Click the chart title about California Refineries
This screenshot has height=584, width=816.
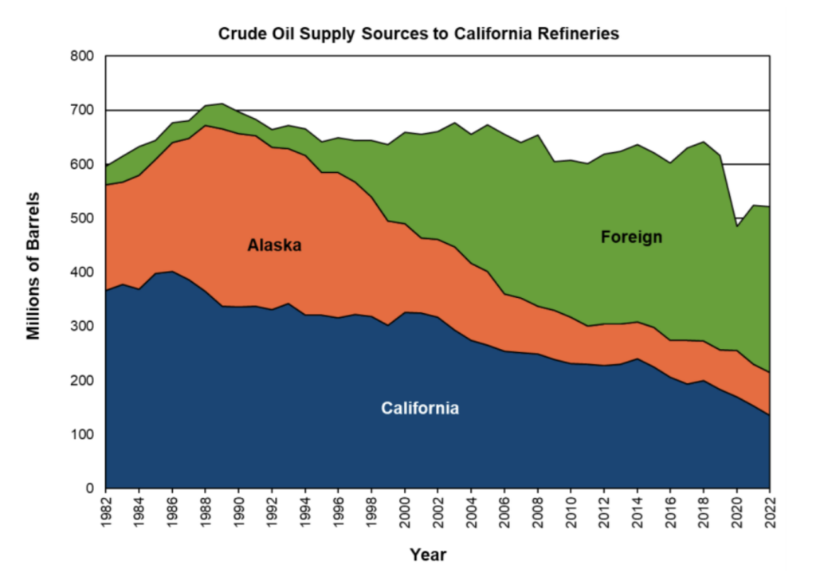(x=418, y=33)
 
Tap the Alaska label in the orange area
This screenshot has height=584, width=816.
(x=274, y=245)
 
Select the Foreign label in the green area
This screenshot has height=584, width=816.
(x=631, y=237)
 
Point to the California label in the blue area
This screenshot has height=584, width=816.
(x=419, y=409)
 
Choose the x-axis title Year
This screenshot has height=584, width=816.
(x=428, y=555)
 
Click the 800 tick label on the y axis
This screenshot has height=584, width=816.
(x=83, y=57)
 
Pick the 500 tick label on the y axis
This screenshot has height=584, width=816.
(x=83, y=218)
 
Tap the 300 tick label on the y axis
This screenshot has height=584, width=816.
(x=83, y=327)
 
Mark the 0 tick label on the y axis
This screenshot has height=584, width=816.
(x=90, y=488)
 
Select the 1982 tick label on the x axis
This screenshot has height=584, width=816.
(x=106, y=511)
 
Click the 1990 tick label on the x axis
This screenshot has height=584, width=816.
(x=239, y=511)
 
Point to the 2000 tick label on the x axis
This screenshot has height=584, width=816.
(x=405, y=511)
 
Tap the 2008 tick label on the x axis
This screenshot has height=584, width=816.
(x=538, y=511)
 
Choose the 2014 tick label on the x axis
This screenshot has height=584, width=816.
(x=637, y=511)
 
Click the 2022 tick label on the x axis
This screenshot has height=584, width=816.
(x=770, y=511)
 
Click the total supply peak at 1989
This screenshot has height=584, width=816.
(x=222, y=104)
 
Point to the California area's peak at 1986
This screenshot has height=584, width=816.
(x=172, y=272)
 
